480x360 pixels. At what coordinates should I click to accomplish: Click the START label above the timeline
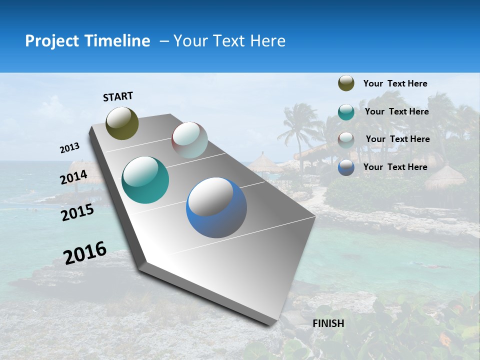tap(118, 96)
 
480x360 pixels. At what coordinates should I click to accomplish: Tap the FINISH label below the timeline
tap(328, 323)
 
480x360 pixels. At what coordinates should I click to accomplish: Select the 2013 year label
tap(69, 148)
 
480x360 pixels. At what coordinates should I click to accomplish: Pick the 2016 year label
tap(85, 253)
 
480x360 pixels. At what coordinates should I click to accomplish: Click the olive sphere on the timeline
tap(122, 123)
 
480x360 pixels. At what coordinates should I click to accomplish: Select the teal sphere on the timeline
tap(145, 180)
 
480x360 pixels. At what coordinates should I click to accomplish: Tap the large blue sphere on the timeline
tap(216, 207)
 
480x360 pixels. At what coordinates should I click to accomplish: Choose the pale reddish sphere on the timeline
tap(189, 139)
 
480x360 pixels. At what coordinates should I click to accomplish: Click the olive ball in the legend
tap(346, 83)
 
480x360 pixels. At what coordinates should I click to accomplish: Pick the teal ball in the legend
tap(346, 112)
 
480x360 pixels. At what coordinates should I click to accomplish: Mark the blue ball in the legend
tap(346, 167)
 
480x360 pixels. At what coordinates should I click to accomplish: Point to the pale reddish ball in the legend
tap(346, 139)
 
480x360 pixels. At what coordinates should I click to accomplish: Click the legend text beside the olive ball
tap(395, 84)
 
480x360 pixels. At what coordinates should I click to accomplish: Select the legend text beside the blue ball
tap(395, 167)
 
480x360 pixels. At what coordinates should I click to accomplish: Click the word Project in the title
tap(51, 41)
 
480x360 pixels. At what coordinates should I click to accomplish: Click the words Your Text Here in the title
tap(229, 41)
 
